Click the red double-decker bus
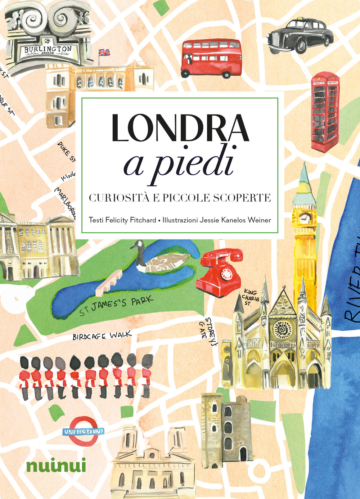(211, 58)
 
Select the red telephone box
(325, 112)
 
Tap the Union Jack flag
(104, 53)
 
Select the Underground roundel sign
(84, 431)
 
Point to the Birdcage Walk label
(102, 336)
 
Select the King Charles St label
(251, 297)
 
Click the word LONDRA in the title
(180, 129)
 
